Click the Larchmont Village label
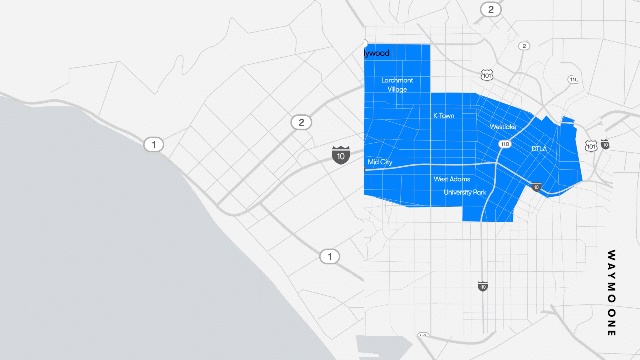397,85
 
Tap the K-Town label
444,116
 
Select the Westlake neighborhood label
503,127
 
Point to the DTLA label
539,149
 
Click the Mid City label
380,162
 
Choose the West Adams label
452,179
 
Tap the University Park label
465,192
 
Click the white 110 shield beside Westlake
504,144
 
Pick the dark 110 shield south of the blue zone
482,286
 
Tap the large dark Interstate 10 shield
341,155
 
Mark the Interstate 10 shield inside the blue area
536,187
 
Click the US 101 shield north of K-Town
487,75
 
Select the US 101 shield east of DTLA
591,146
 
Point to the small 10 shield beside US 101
605,145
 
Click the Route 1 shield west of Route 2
154,145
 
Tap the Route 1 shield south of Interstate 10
329,257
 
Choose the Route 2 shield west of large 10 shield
301,123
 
